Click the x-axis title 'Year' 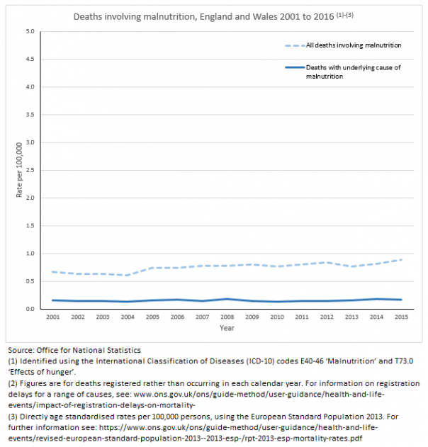click(227, 329)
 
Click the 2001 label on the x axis click(53, 317)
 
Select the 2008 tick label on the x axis click(227, 317)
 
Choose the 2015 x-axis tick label click(400, 317)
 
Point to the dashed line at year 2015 click(400, 259)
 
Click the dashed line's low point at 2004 click(128, 275)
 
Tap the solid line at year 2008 click(227, 299)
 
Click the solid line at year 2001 click(53, 300)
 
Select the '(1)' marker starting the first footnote click(13, 361)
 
